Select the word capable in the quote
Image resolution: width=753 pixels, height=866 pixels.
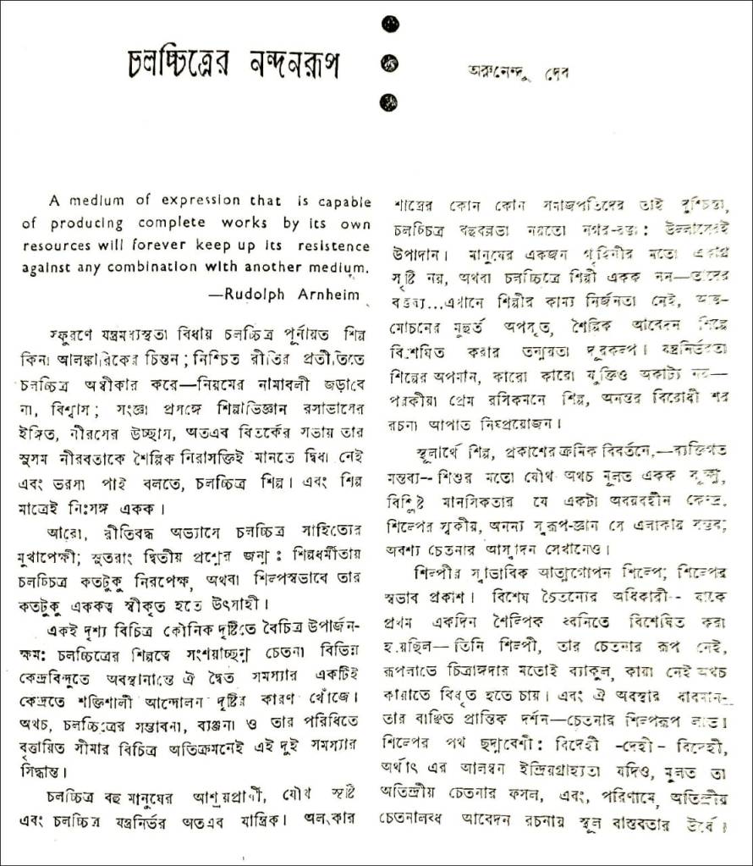(344, 201)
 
